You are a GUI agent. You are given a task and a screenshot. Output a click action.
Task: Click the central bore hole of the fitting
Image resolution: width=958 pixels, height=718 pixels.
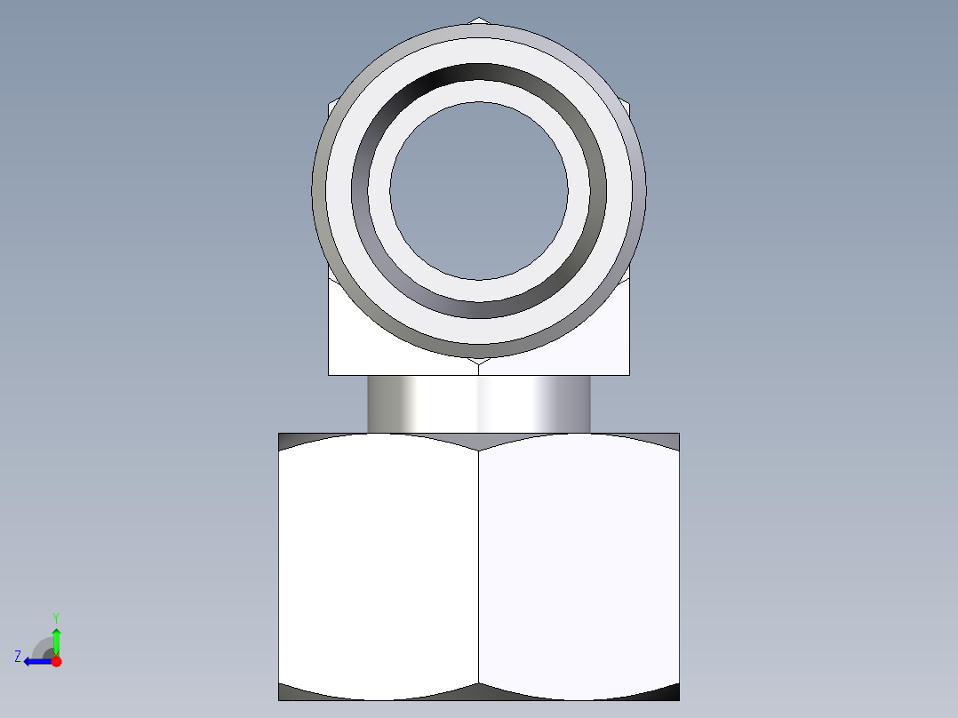[479, 191]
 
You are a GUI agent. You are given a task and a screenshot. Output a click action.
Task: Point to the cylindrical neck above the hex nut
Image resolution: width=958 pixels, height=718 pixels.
[479, 404]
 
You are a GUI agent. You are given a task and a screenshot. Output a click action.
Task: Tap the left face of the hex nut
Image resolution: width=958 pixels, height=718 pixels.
[379, 566]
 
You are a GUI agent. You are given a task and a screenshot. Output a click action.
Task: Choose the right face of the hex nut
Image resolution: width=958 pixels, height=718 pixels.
[579, 566]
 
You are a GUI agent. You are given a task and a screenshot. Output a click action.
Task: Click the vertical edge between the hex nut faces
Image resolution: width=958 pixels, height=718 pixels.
[478, 566]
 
